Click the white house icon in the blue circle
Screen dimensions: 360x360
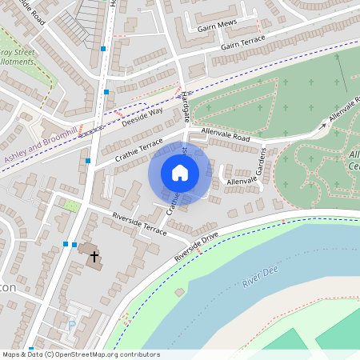tap(180, 173)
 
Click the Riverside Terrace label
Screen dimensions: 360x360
tap(139, 223)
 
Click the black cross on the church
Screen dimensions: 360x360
tap(94, 257)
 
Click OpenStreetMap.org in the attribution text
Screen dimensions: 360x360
tap(89, 354)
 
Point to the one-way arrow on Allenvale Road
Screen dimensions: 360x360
tap(325, 122)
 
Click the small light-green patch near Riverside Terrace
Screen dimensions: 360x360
tap(71, 206)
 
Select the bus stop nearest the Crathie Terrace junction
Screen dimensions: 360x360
tap(88, 161)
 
